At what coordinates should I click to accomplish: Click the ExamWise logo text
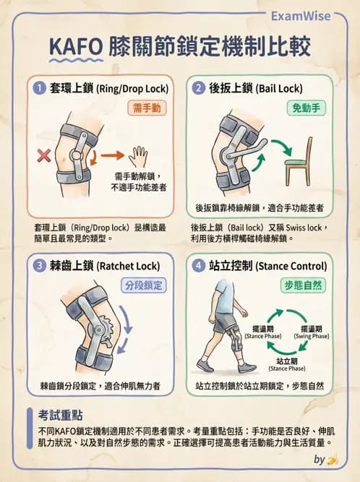tap(317, 16)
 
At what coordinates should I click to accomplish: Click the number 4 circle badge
tap(198, 264)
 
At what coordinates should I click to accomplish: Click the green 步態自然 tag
tap(302, 284)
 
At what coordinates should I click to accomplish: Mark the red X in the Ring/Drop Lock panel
tap(43, 155)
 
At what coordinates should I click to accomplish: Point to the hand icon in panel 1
tap(137, 155)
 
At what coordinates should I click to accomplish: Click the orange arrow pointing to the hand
tap(111, 155)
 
